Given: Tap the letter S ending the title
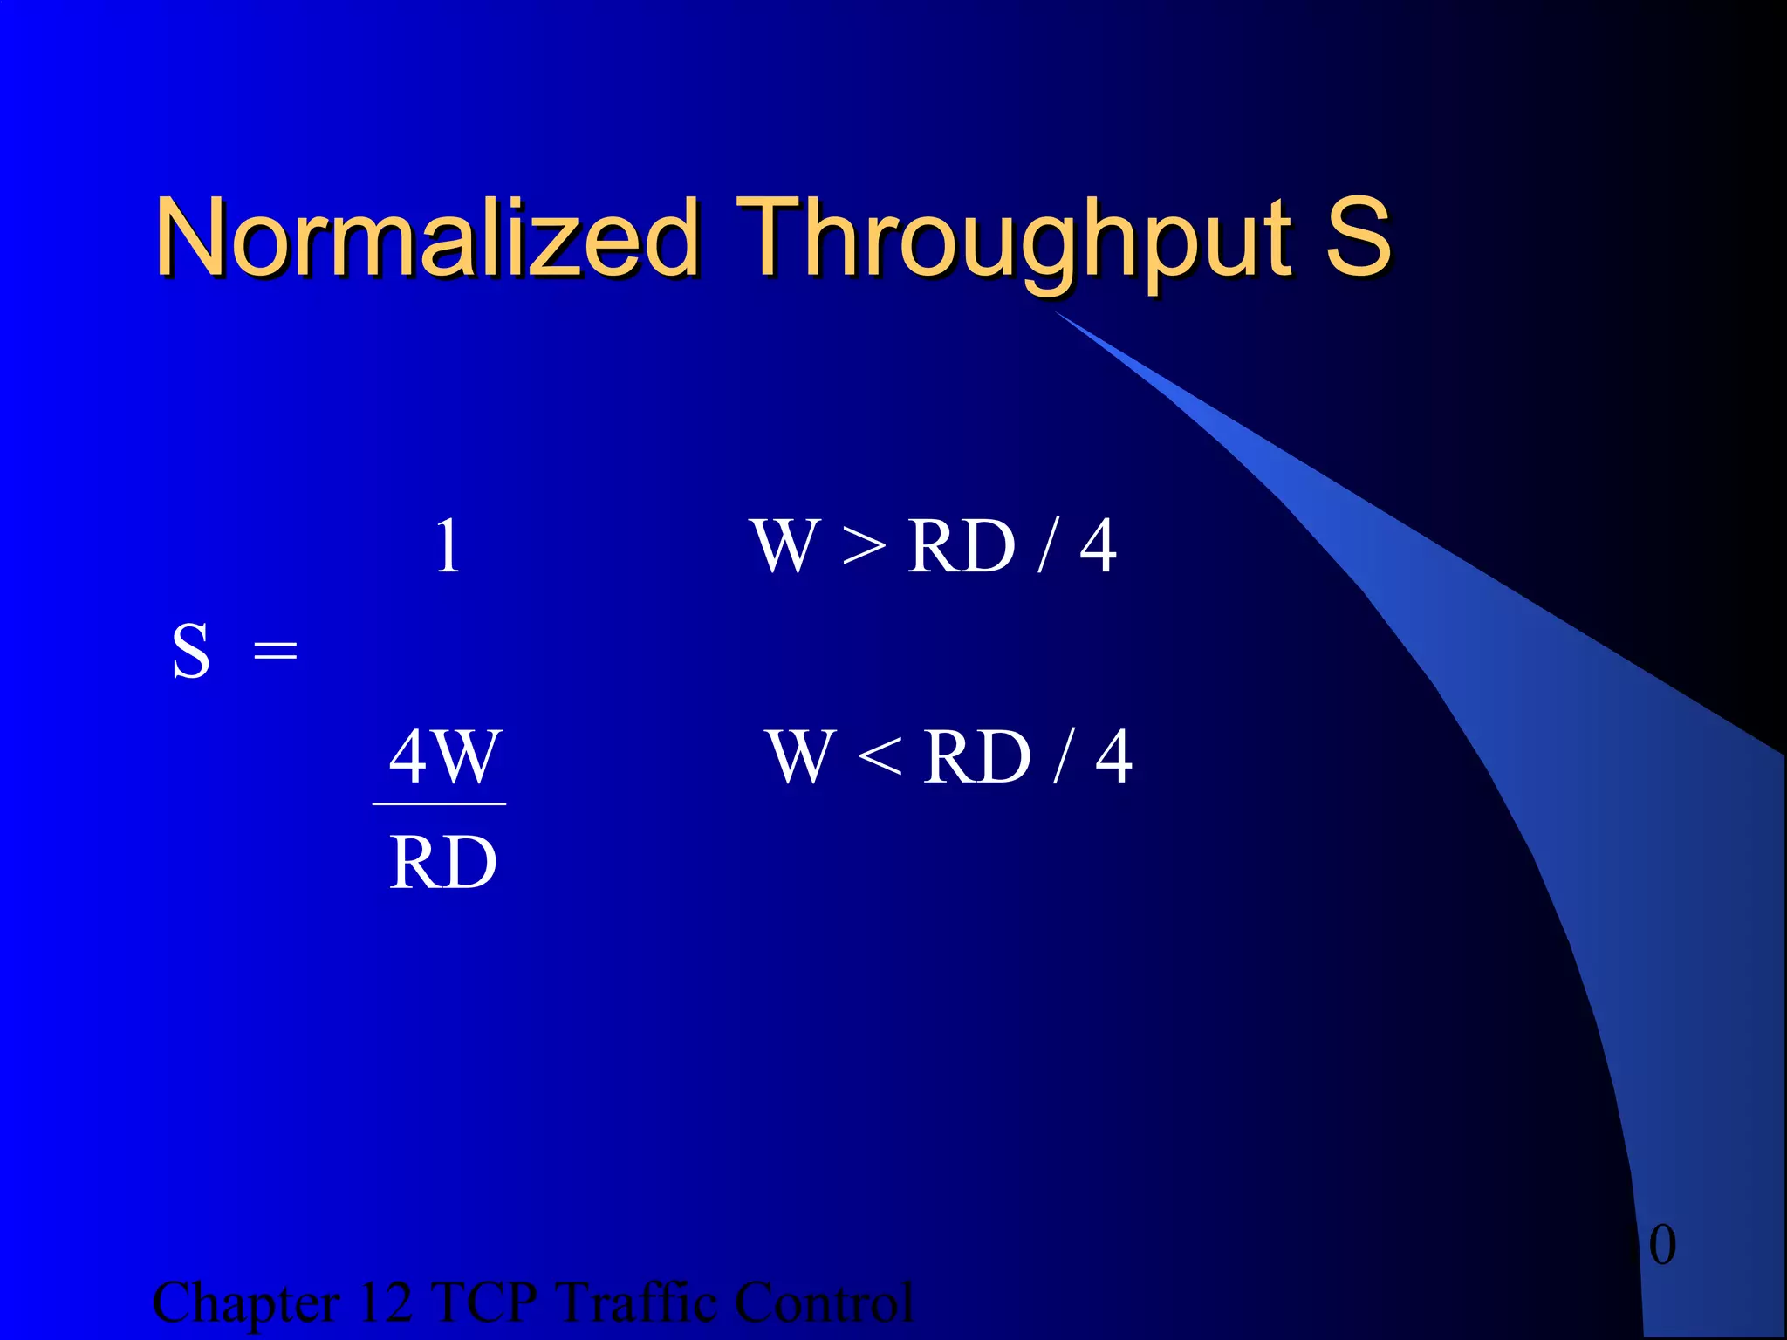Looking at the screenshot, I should pyautogui.click(x=1358, y=236).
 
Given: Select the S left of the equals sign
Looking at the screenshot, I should pyautogui.click(x=191, y=652).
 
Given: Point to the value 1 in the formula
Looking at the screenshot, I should pyautogui.click(x=447, y=547).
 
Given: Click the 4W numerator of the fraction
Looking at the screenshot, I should pyautogui.click(x=444, y=756).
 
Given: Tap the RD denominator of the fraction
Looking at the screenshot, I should pyautogui.click(x=443, y=863).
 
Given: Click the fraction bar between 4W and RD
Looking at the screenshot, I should pyautogui.click(x=439, y=803).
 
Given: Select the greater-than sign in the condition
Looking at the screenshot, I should pyautogui.click(x=864, y=548).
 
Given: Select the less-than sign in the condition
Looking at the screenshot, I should pyautogui.click(x=880, y=756).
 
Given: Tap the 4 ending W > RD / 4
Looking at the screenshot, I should pyautogui.click(x=1098, y=547).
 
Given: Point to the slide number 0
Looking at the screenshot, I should pyautogui.click(x=1662, y=1245).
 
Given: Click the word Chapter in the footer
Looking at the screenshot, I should pyautogui.click(x=246, y=1303).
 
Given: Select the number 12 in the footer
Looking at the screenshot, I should pyautogui.click(x=385, y=1303).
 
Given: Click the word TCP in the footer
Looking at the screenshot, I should pyautogui.click(x=485, y=1303).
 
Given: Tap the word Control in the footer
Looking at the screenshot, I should pyautogui.click(x=824, y=1303).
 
